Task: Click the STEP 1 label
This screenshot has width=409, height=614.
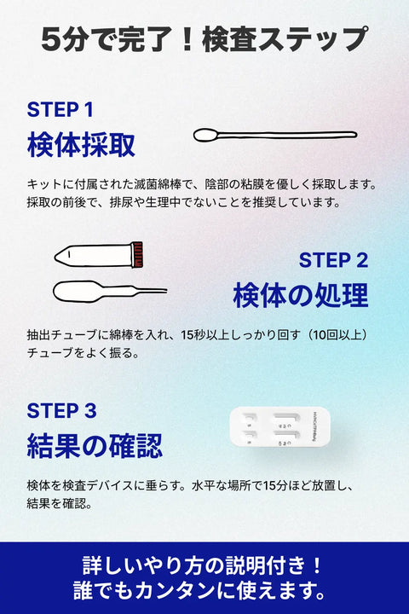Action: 60,110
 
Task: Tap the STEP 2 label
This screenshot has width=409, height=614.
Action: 333,260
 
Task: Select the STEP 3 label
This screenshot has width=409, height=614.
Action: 61,411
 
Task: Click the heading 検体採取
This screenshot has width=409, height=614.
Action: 81,144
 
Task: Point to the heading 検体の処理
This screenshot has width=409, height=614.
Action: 301,295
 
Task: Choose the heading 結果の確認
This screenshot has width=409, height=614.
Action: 95,445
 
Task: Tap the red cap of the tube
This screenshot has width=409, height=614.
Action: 136,254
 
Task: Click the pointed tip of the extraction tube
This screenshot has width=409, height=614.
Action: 56,258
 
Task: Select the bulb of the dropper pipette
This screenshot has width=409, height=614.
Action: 77,292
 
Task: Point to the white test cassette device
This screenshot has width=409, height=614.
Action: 279,427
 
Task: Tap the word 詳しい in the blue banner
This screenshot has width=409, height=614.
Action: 111,565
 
